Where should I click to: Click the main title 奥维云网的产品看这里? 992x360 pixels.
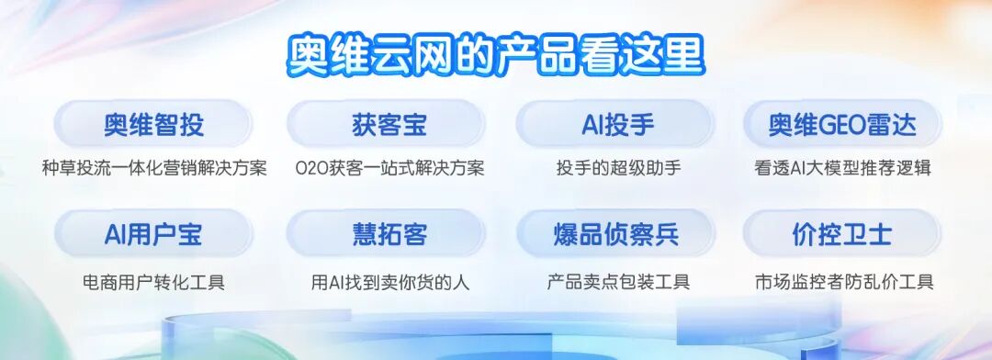click(x=496, y=56)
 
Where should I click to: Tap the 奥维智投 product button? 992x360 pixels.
click(x=153, y=124)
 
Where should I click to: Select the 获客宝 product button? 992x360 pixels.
click(x=389, y=124)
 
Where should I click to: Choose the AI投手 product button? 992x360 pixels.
click(x=617, y=124)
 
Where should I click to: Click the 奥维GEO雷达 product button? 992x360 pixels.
click(x=842, y=124)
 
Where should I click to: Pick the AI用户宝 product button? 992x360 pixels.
click(x=153, y=234)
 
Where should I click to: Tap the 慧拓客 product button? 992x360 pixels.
click(x=389, y=234)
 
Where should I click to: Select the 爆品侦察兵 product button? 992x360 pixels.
click(x=617, y=234)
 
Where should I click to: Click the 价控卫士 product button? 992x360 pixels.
click(x=842, y=234)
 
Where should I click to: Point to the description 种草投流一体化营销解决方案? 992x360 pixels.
click(x=154, y=168)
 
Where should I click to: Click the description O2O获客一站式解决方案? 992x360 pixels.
click(x=389, y=168)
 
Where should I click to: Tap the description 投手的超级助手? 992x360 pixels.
click(x=618, y=168)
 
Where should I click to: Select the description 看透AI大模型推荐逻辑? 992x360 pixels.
click(x=842, y=168)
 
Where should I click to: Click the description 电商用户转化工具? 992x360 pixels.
click(x=153, y=281)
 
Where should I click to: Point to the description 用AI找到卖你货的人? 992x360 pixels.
click(x=389, y=282)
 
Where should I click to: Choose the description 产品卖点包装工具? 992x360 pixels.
click(x=618, y=281)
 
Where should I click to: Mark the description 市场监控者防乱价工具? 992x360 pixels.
click(x=844, y=281)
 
